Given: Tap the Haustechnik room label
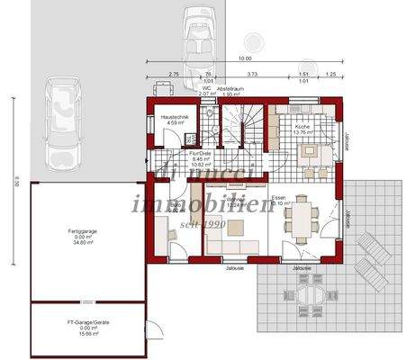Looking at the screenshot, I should [x=174, y=118].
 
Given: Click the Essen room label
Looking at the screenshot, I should [x=279, y=197].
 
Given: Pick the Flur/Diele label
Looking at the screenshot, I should [x=199, y=153].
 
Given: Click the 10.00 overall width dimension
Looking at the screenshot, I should [x=245, y=59].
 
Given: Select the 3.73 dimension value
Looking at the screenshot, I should [x=252, y=74].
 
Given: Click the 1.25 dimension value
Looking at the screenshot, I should [x=331, y=74].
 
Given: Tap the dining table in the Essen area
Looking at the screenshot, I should [x=305, y=217].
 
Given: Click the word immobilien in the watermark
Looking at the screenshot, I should [x=203, y=205].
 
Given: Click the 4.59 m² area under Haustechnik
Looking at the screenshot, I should [x=173, y=123].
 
